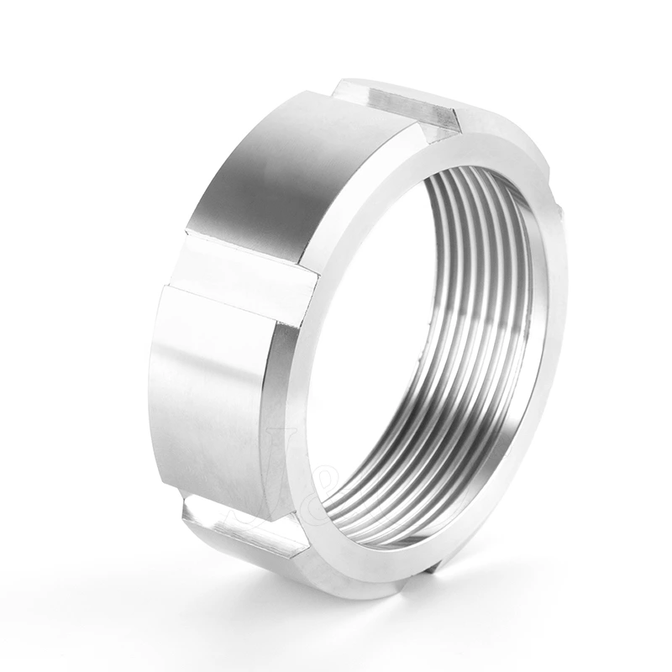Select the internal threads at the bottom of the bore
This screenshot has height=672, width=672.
(412, 496)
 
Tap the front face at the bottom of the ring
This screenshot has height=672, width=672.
(378, 571)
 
